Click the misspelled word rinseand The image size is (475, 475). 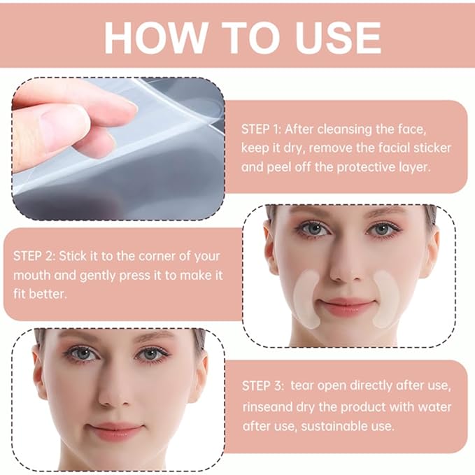tap(267, 406)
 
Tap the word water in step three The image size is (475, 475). tap(436, 406)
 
